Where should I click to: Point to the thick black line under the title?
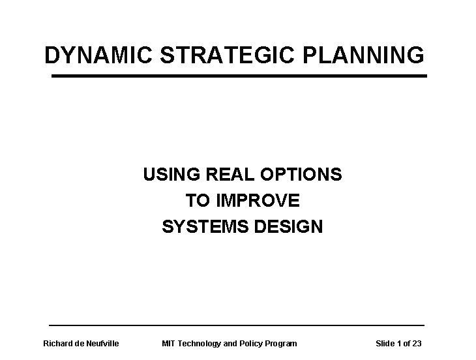[239, 76]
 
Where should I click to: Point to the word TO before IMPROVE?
[198, 201]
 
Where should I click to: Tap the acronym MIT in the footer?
[168, 343]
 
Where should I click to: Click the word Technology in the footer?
[200, 343]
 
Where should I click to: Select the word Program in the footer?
[281, 343]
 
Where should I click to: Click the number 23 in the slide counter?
[416, 343]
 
